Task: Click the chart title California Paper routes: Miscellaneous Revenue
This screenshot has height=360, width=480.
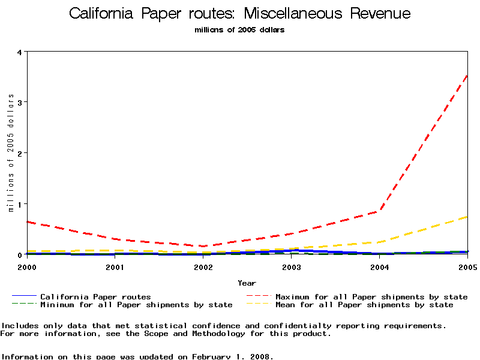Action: (240, 14)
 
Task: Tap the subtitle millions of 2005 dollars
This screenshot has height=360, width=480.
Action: (240, 30)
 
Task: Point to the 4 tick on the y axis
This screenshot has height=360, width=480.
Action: (19, 52)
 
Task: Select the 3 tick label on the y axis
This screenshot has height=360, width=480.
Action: (19, 102)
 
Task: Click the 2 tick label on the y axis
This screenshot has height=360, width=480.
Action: (19, 153)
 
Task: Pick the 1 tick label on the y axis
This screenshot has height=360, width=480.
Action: (19, 204)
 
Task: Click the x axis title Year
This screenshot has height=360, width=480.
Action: (247, 283)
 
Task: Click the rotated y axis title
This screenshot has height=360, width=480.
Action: (11, 153)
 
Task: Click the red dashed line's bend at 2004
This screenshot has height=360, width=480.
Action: (380, 211)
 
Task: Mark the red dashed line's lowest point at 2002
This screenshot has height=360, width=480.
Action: (203, 246)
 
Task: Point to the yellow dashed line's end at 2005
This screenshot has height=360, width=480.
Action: (467, 217)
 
